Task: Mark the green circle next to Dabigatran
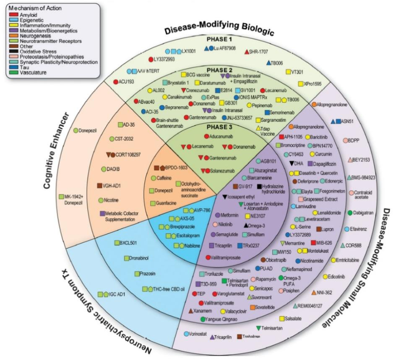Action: click(x=350, y=212)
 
